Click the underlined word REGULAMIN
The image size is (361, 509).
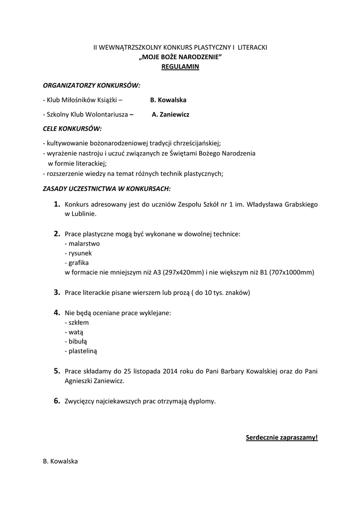click(x=180, y=67)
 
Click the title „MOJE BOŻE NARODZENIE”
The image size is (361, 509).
click(x=180, y=57)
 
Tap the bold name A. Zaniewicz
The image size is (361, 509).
click(x=170, y=114)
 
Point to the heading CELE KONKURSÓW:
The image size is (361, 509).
click(x=72, y=129)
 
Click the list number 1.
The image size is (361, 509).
click(x=57, y=204)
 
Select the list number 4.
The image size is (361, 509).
click(x=57, y=313)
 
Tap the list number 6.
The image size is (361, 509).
click(x=57, y=401)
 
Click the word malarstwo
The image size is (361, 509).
click(x=84, y=244)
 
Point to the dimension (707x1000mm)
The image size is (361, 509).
click(x=292, y=272)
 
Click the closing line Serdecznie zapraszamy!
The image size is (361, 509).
click(x=282, y=437)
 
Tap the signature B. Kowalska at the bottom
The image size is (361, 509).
click(x=61, y=461)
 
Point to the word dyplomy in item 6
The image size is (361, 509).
click(x=203, y=401)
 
